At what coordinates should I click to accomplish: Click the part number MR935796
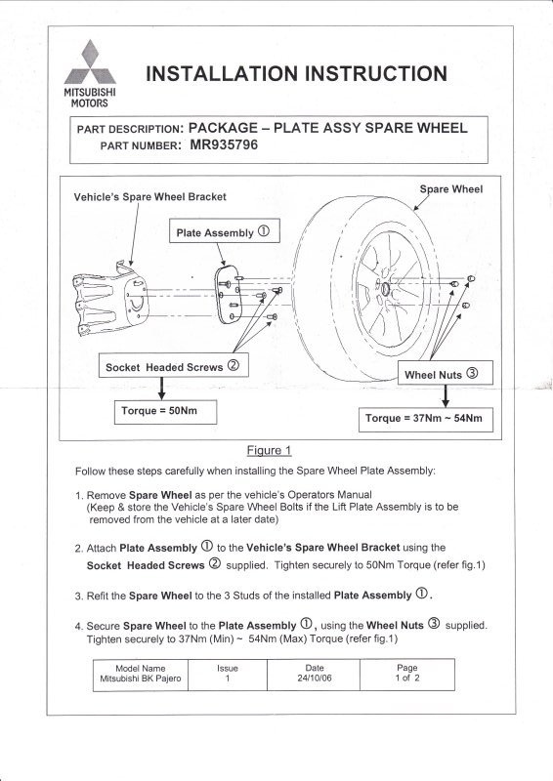[224, 144]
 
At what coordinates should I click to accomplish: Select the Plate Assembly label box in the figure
[225, 231]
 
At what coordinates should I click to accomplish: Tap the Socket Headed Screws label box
[174, 365]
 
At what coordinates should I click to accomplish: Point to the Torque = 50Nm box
[165, 412]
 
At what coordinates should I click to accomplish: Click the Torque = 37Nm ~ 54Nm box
[426, 420]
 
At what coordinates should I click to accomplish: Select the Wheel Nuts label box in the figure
[446, 373]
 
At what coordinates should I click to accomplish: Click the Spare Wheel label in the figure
[451, 189]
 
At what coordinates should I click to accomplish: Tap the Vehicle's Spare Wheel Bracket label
[150, 197]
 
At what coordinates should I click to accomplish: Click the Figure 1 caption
[270, 451]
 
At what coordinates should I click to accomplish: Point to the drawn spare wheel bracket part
[110, 301]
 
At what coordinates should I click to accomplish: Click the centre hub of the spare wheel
[385, 290]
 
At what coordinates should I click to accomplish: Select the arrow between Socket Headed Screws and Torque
[161, 389]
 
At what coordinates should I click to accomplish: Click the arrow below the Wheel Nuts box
[446, 396]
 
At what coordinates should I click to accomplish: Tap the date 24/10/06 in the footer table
[315, 678]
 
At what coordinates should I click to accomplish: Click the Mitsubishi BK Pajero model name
[141, 678]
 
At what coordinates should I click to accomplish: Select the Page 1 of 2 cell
[407, 675]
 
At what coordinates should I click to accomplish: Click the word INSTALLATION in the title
[222, 74]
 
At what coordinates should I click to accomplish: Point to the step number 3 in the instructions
[78, 596]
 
